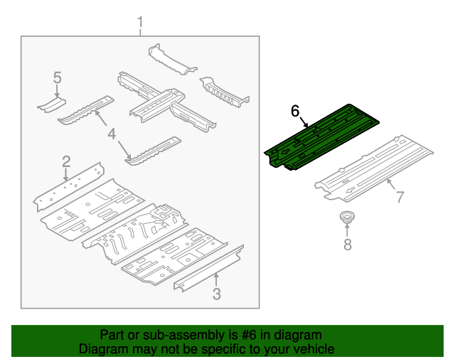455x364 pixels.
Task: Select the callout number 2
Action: [x=65, y=161]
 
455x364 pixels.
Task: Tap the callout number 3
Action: [x=217, y=294]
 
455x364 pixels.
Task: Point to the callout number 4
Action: [x=112, y=134]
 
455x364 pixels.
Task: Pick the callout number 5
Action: [x=58, y=77]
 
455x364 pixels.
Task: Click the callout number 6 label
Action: [x=296, y=111]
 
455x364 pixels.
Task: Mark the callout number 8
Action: [x=347, y=245]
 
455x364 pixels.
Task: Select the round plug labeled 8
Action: [x=347, y=218]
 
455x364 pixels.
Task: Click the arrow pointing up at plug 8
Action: [x=347, y=231]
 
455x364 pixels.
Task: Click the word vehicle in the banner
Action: [x=311, y=349]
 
